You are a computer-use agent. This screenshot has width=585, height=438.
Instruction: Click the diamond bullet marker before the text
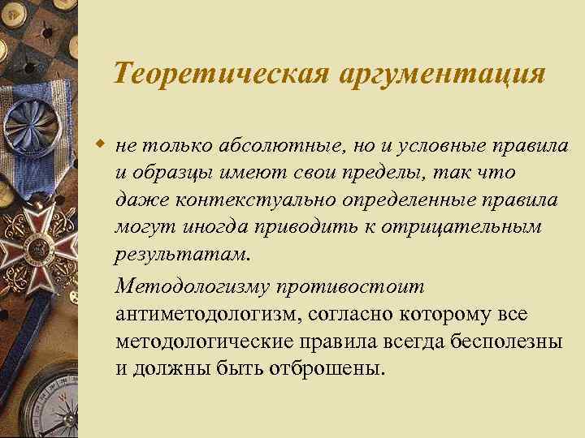click(x=101, y=144)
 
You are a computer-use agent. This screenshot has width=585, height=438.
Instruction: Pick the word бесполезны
click(x=505, y=341)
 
